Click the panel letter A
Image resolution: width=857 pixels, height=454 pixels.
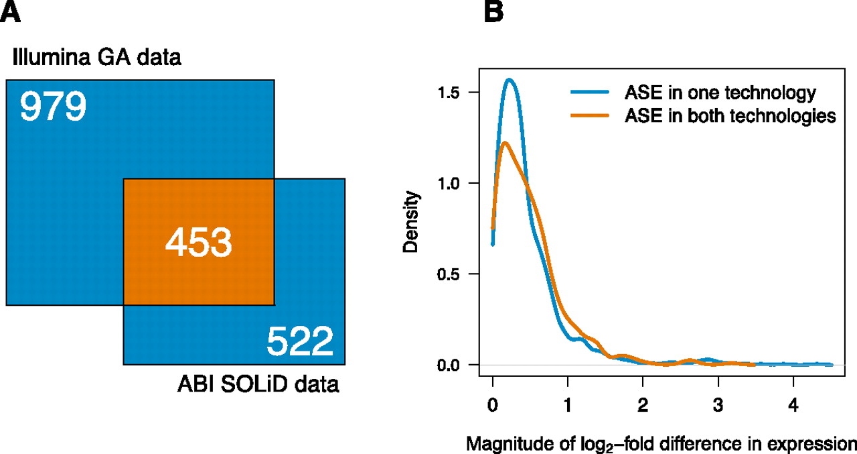coord(11,11)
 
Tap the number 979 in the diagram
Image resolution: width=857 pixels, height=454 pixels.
coord(53,107)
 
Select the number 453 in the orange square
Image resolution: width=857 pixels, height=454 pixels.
coord(198,243)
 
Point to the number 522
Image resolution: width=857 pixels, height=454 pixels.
coord(300,342)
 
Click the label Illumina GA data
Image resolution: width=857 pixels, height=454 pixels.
coord(97,58)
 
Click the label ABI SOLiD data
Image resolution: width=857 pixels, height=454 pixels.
coord(258,386)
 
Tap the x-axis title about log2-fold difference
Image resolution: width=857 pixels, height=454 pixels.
coord(661,443)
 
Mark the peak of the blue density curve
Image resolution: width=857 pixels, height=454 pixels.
coord(510,80)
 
